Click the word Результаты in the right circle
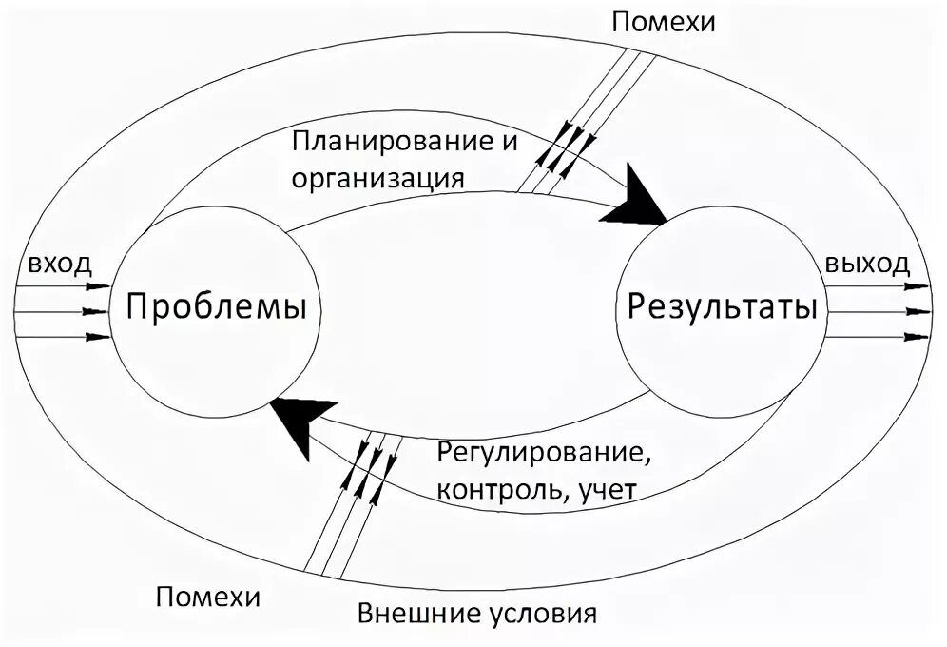[x=722, y=307]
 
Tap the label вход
[x=59, y=264]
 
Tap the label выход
[x=867, y=264]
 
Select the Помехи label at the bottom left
[x=207, y=598]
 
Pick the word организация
[x=378, y=178]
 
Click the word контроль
[x=497, y=489]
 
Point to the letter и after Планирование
[x=510, y=144]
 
